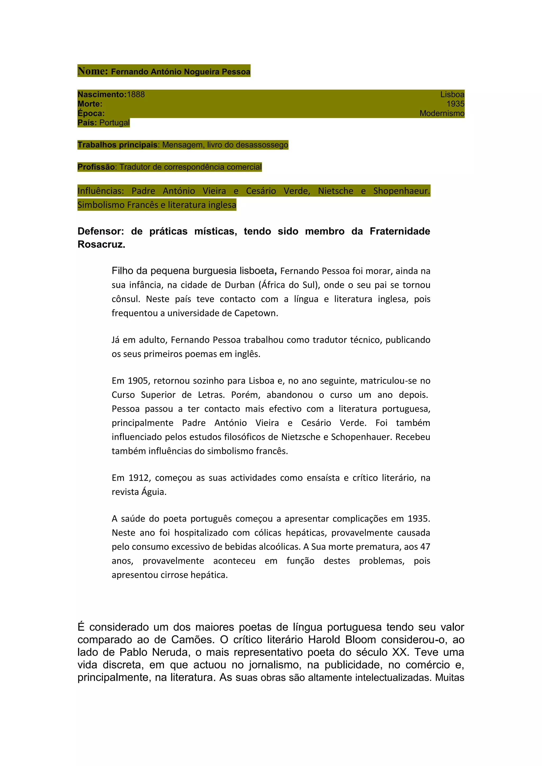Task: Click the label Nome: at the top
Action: pyautogui.click(x=92, y=71)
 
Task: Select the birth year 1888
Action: pyautogui.click(x=136, y=94)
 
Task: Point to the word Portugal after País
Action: pyautogui.click(x=114, y=123)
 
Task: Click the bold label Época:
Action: pyautogui.click(x=91, y=113)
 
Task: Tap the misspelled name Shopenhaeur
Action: pyautogui.click(x=401, y=191)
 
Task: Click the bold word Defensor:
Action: pyautogui.click(x=101, y=231)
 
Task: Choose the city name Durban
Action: pyautogui.click(x=240, y=285)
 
